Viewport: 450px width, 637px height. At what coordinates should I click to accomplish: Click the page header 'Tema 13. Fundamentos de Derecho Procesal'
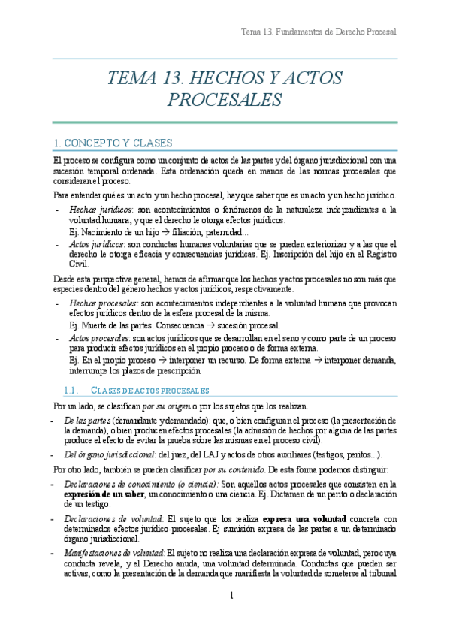pos(318,32)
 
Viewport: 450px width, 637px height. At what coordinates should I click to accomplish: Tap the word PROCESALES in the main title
pos(225,100)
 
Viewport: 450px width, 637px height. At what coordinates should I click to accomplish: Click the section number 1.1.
pos(71,391)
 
